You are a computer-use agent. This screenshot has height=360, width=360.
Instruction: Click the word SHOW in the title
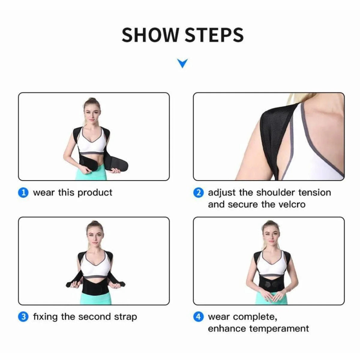150,35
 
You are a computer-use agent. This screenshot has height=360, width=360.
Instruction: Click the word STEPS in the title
214,35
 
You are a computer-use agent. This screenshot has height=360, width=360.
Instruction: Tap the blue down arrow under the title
182,63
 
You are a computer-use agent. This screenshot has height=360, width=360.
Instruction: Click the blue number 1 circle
23,193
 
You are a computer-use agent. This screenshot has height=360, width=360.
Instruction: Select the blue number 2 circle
198,193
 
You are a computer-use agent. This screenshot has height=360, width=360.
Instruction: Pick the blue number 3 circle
23,317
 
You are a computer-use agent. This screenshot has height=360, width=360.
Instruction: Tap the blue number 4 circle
198,317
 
